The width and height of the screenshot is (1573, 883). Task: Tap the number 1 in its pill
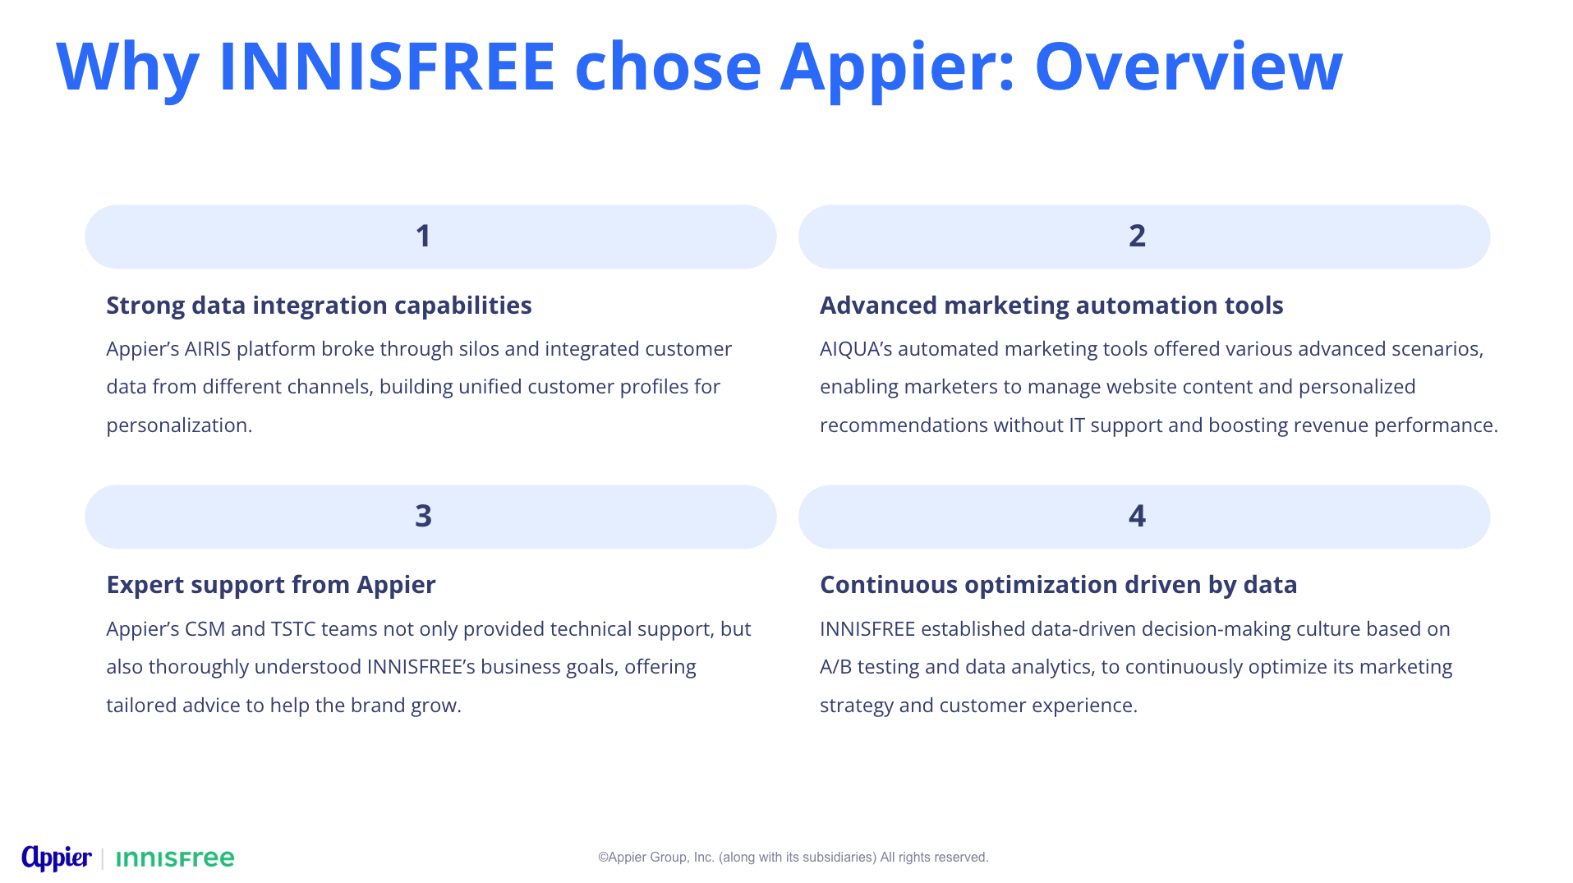coord(423,237)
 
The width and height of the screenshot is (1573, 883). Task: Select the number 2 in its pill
coord(1137,237)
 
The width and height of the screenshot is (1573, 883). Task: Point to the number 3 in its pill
coord(423,516)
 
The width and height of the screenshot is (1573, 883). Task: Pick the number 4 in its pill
coord(1137,516)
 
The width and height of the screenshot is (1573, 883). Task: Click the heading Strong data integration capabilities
coord(319,306)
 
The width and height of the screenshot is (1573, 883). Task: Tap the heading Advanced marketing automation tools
coord(1051,306)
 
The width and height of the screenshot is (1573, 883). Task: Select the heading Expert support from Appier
coord(270,585)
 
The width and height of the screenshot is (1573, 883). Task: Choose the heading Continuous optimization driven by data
coord(1058,585)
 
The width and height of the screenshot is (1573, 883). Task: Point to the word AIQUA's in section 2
coord(856,349)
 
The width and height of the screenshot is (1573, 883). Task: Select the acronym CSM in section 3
coord(205,629)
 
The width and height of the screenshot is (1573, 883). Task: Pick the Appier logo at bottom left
coord(57,858)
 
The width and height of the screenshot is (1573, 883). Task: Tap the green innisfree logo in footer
coord(175,859)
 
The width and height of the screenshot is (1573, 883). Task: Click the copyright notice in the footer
coord(793,858)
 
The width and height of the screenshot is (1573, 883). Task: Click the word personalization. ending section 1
coord(179,425)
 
